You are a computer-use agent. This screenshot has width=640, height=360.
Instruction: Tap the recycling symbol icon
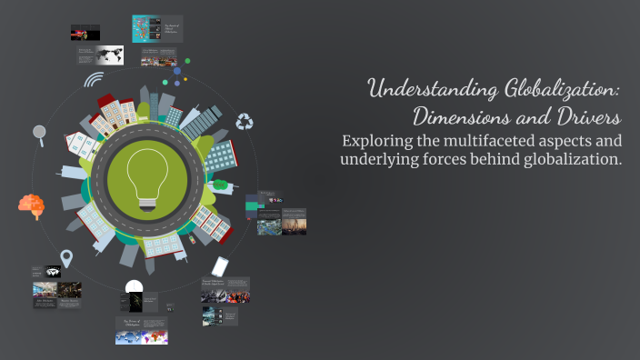(245, 121)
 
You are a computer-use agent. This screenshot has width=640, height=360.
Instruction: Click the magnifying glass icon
(39, 133)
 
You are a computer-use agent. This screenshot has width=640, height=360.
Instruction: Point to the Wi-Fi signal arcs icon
(93, 80)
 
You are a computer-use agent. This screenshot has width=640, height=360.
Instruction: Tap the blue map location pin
(66, 259)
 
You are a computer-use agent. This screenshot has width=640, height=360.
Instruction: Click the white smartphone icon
(219, 266)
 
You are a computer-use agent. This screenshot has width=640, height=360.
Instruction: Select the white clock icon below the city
(135, 287)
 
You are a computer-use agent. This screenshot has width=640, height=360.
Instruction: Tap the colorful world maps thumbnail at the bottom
(141, 336)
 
